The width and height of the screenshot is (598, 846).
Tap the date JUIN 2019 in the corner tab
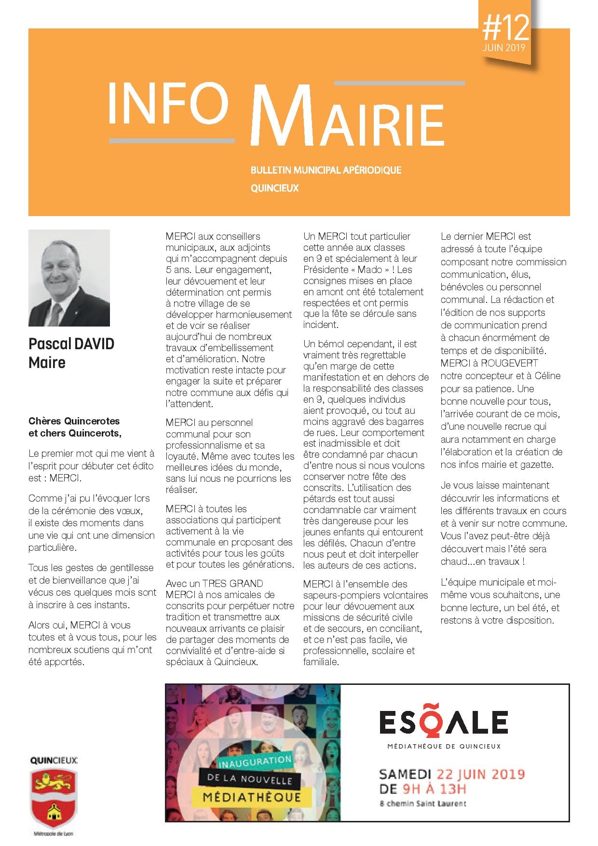(x=504, y=49)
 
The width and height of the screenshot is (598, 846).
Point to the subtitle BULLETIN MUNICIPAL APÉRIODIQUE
(x=326, y=170)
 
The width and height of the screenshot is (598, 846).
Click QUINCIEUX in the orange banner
(x=274, y=188)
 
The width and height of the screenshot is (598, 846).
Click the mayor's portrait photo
(x=69, y=278)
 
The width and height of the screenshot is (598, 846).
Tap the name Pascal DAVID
(x=71, y=344)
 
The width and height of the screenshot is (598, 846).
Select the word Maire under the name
(x=47, y=362)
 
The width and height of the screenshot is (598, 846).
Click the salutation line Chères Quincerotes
(x=74, y=421)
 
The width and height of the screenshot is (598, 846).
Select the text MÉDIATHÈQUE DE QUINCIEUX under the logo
(x=444, y=746)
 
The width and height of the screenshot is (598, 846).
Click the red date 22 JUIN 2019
(x=480, y=774)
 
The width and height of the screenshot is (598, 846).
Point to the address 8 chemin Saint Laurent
(x=423, y=803)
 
